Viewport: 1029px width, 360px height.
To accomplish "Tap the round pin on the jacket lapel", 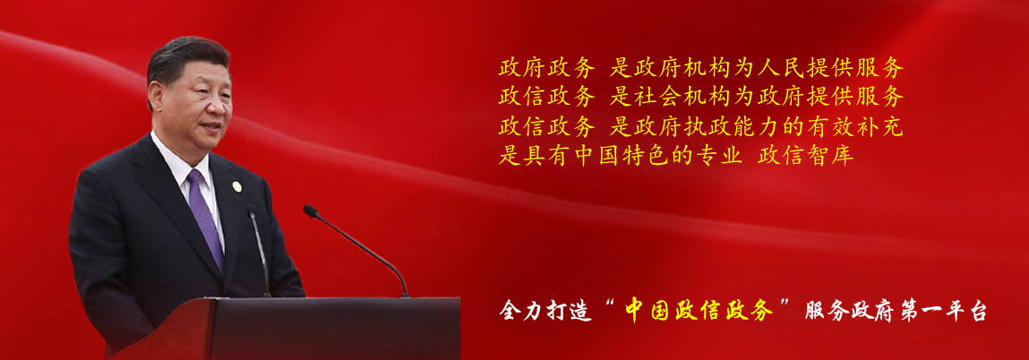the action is tap(236, 186).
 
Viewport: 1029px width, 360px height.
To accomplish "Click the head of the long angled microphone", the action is tap(311, 211).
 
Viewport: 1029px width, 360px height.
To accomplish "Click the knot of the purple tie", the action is tap(195, 178).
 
